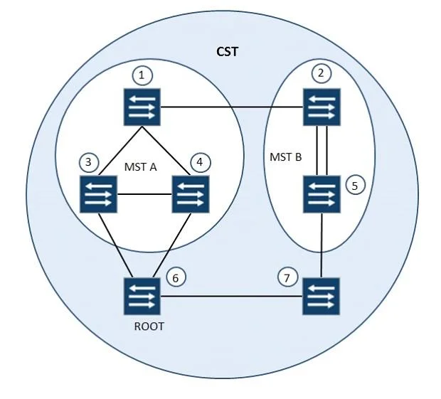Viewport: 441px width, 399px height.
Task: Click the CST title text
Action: [227, 52]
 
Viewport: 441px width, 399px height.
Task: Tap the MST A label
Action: [140, 167]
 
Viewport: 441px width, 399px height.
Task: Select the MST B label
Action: [286, 157]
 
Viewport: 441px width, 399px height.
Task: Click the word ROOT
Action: [149, 326]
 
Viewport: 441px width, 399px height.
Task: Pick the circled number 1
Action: [142, 75]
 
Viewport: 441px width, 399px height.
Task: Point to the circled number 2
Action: [322, 73]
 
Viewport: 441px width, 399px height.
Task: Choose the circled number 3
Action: [89, 162]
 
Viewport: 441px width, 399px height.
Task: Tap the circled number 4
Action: [201, 162]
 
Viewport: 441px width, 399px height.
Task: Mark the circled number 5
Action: [355, 186]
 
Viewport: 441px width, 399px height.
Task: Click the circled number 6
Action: [176, 278]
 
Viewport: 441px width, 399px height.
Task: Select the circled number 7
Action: [287, 278]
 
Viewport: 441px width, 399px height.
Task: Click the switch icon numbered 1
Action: [142, 107]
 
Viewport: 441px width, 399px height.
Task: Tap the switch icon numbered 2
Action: [322, 107]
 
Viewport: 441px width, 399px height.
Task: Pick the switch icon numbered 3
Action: [98, 194]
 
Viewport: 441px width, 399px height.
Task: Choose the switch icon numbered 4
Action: [191, 194]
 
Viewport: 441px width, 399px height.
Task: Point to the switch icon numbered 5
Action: [322, 194]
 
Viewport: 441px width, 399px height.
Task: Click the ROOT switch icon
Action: [142, 296]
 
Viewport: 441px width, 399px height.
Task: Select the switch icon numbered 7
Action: [322, 296]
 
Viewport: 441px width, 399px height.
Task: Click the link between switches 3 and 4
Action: [144, 194]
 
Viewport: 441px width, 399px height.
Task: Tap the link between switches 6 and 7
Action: [231, 296]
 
